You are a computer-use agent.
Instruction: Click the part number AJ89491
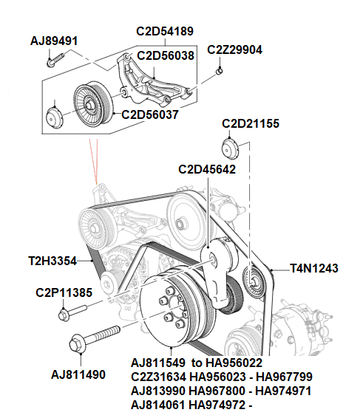pyautogui.click(x=54, y=41)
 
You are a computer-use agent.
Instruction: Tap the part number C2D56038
pyautogui.click(x=166, y=55)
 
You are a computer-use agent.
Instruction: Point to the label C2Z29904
pyautogui.click(x=234, y=50)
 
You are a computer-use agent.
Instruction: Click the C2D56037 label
pyautogui.click(x=150, y=114)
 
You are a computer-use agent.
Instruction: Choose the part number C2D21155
pyautogui.click(x=251, y=124)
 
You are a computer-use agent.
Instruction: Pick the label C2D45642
pyautogui.click(x=207, y=169)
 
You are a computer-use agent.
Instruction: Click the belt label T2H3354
pyautogui.click(x=53, y=261)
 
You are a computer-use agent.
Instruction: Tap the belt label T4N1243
pyautogui.click(x=314, y=269)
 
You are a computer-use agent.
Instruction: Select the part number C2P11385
pyautogui.click(x=64, y=292)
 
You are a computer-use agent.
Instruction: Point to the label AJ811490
pyautogui.click(x=78, y=375)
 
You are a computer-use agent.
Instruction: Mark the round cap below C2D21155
pyautogui.click(x=233, y=148)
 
